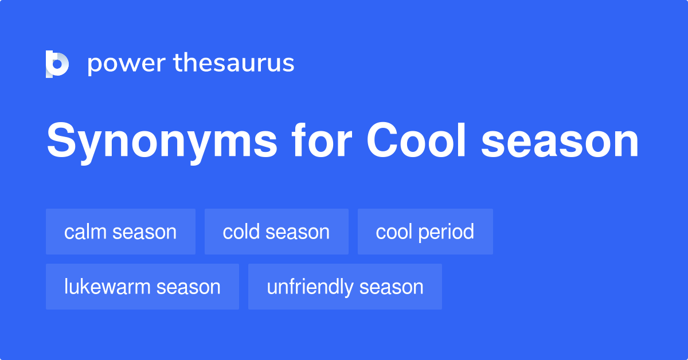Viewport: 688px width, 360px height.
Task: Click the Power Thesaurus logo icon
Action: coord(57,64)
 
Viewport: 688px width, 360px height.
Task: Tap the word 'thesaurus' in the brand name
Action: coord(234,64)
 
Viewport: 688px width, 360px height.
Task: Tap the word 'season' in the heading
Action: coord(560,143)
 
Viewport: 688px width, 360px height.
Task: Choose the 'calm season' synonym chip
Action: coord(120,232)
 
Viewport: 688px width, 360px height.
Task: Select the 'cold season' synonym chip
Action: coord(276,232)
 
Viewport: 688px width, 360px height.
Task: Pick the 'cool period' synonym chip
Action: coord(425,232)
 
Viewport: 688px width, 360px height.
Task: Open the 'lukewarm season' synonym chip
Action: coord(142,287)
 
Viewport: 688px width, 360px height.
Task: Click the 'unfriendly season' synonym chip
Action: coord(345,287)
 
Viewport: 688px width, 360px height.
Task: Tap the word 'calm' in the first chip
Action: coord(86,232)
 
